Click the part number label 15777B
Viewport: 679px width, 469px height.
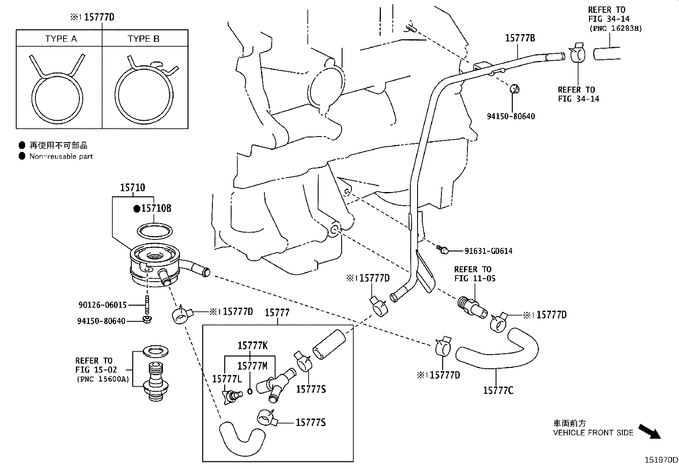click(519, 38)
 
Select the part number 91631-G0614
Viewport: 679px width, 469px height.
click(488, 251)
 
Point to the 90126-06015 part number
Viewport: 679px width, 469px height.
click(102, 305)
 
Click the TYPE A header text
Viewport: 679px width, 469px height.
click(61, 39)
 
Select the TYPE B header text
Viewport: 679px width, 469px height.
click(143, 39)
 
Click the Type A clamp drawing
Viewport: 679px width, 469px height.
click(57, 92)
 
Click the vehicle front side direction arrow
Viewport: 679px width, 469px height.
click(649, 431)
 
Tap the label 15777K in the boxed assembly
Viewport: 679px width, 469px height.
click(252, 346)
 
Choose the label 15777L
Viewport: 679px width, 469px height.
click(227, 379)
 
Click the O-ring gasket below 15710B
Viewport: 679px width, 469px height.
click(155, 231)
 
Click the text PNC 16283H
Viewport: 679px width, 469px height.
click(615, 28)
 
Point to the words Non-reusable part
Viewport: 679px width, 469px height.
click(61, 156)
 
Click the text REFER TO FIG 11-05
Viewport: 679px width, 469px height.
click(473, 274)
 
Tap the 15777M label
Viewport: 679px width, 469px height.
click(252, 366)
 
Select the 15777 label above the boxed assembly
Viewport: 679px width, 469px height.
click(277, 313)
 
